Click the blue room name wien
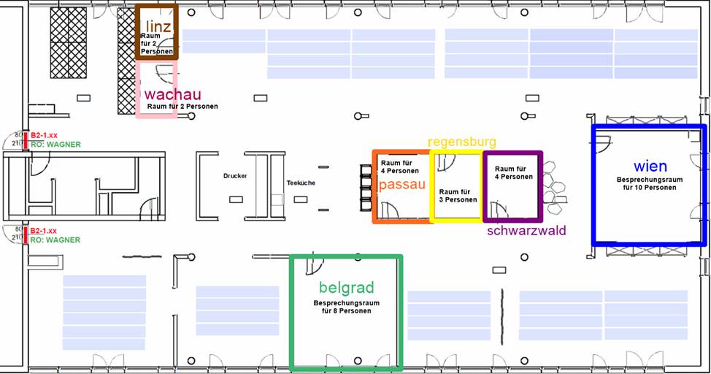(x=650, y=166)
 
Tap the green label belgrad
(x=347, y=288)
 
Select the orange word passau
(x=402, y=185)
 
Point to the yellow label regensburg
(x=462, y=142)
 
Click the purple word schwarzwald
(x=526, y=230)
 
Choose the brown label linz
(x=158, y=26)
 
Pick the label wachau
(x=173, y=94)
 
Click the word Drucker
(x=235, y=175)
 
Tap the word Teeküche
(x=301, y=183)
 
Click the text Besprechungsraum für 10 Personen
(x=650, y=183)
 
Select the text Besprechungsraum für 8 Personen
(x=347, y=307)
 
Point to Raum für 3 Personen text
(x=458, y=196)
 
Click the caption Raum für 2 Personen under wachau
(x=182, y=106)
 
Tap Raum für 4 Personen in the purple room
(x=514, y=172)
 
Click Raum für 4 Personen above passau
(x=400, y=167)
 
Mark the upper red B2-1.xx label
(x=44, y=135)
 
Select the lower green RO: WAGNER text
(x=55, y=240)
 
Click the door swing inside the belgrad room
(x=315, y=265)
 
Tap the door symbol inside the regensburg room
(x=446, y=162)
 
